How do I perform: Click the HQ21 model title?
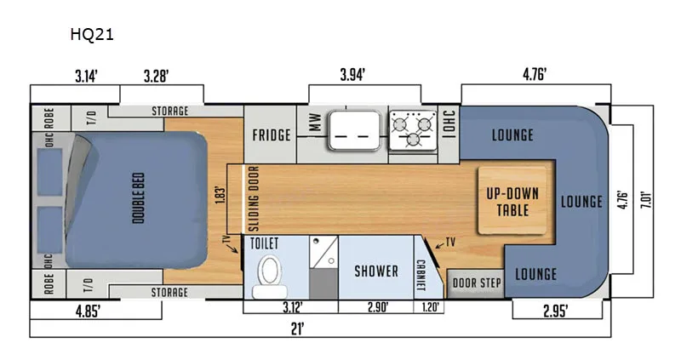click(92, 34)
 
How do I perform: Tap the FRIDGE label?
click(272, 135)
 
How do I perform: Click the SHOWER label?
click(376, 271)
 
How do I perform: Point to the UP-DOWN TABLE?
click(512, 201)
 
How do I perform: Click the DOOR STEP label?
click(477, 283)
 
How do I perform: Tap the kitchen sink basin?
click(354, 130)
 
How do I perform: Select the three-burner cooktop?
click(413, 130)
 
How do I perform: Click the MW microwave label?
click(315, 123)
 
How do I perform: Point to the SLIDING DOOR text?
click(254, 198)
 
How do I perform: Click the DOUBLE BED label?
click(138, 198)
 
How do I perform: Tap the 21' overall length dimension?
click(297, 329)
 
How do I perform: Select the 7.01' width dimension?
click(646, 201)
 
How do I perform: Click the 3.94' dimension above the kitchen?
click(352, 75)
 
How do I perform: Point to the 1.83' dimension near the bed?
click(220, 196)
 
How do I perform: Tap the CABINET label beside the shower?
click(421, 276)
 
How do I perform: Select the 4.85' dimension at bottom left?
click(89, 311)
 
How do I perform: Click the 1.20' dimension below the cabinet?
click(430, 307)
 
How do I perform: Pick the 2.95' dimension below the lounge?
click(556, 311)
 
